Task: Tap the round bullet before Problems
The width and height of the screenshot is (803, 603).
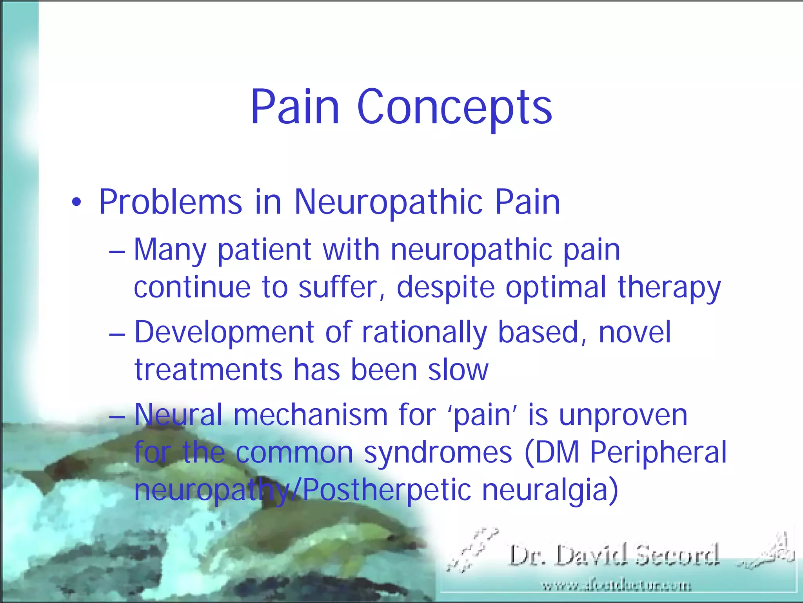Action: [77, 203]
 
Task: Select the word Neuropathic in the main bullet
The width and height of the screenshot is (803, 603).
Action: [389, 203]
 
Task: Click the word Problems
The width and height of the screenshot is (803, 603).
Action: [171, 203]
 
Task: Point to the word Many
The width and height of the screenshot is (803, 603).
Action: [170, 250]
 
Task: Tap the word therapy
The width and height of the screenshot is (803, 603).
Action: [669, 288]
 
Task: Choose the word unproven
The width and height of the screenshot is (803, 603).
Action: [623, 415]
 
